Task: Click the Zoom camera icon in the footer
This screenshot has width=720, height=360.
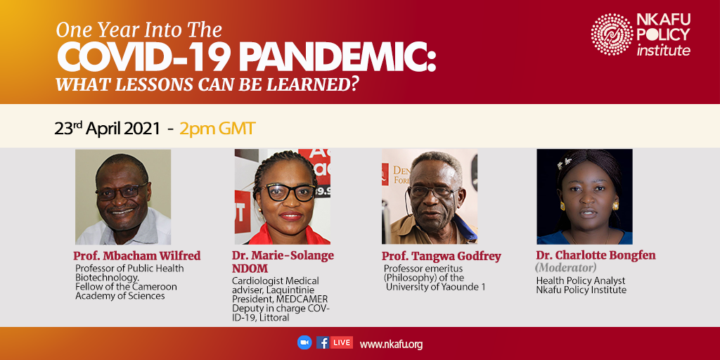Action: [x=304, y=342]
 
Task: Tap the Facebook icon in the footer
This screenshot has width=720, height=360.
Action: [x=323, y=342]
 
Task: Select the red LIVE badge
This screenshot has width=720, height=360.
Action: [x=342, y=342]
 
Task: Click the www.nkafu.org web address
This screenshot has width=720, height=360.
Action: [x=391, y=344]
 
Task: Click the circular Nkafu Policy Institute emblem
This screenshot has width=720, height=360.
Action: [x=612, y=34]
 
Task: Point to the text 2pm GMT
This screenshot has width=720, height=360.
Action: [x=217, y=129]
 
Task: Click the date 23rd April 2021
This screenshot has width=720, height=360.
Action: [x=108, y=129]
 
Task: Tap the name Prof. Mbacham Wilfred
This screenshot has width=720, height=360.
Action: [x=137, y=256]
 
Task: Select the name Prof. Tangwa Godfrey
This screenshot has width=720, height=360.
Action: [x=442, y=257]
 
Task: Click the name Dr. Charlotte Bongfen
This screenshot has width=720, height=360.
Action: [x=596, y=256]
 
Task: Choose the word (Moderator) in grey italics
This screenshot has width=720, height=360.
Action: [x=566, y=266]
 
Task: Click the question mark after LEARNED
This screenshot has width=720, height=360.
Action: [x=354, y=85]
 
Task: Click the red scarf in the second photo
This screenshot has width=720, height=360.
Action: [x=283, y=235]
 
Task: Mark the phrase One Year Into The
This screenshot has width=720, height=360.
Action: [x=139, y=30]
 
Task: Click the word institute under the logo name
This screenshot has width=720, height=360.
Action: [x=663, y=50]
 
